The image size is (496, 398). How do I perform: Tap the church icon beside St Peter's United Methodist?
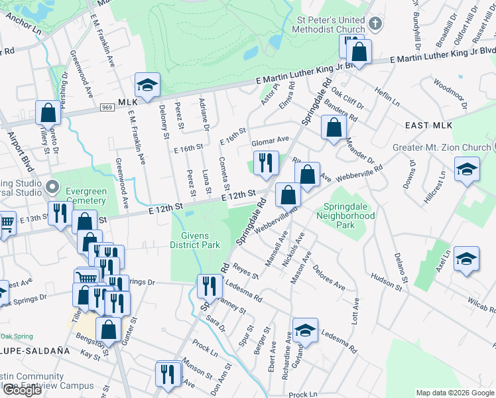375,25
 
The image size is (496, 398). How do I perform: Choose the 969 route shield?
107,106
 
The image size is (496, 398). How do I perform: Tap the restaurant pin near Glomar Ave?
266,163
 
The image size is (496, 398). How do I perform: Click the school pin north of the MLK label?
147,84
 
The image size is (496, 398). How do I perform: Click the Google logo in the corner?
22,390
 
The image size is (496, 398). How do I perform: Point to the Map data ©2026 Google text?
455,393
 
